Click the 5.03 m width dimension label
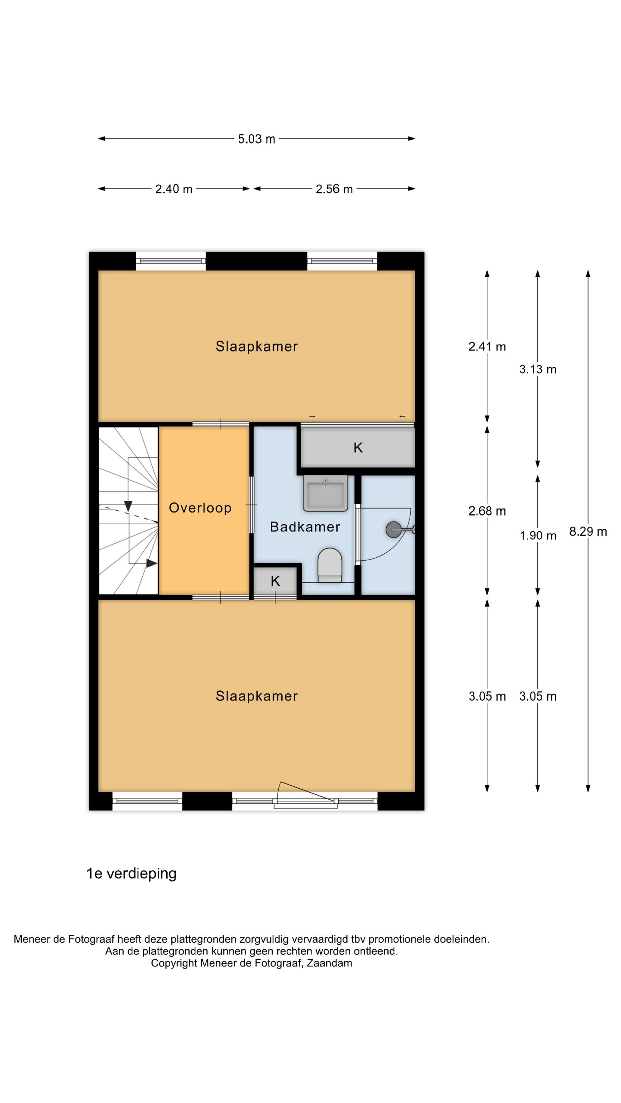256,139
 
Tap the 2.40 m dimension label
174,189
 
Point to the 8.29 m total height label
588,531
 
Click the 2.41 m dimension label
487,346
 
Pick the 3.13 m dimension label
538,369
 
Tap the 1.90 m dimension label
538,535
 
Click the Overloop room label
200,508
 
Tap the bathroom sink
325,493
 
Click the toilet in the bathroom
330,565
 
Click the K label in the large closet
358,448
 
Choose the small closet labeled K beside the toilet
275,581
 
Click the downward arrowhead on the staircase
128,506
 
